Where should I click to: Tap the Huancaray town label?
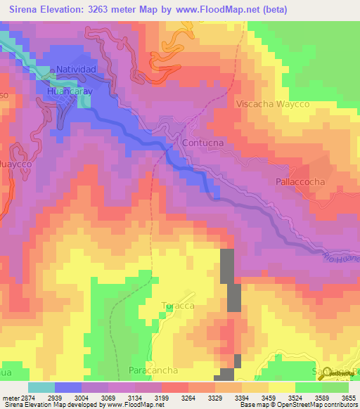pos(71,91)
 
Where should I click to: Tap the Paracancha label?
pos(153,370)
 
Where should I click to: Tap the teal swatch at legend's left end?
pos(41,387)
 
